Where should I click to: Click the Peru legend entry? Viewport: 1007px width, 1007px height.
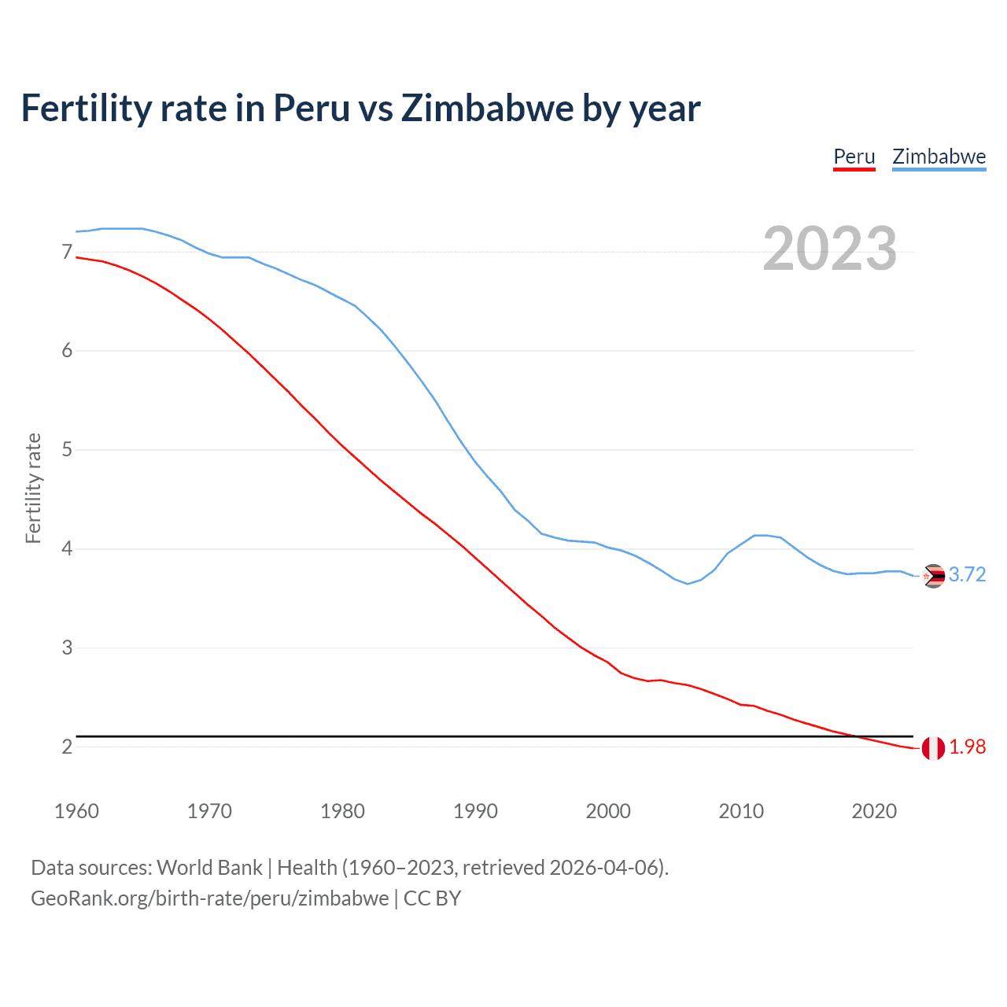coord(854,157)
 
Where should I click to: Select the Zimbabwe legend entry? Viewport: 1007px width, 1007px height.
coord(939,157)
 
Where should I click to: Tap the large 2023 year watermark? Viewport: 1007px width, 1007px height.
coord(829,249)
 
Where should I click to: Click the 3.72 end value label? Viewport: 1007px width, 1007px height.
coord(967,575)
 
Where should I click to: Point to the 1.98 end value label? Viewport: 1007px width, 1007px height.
coord(967,747)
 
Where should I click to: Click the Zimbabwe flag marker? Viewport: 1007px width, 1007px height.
coord(933,577)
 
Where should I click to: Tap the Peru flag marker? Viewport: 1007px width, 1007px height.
coord(933,748)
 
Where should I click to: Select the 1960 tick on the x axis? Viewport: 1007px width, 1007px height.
coord(76,811)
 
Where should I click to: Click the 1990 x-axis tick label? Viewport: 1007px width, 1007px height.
coord(475,811)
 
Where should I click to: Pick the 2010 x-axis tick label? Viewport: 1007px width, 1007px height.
coord(741,811)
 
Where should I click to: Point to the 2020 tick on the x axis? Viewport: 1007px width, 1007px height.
coord(874,811)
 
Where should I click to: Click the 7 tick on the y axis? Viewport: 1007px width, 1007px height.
coord(67,252)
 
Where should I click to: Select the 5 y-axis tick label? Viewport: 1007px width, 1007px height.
coord(67,450)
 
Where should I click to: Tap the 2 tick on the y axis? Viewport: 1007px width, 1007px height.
coord(67,747)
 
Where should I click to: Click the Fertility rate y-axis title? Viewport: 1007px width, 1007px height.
coord(33,488)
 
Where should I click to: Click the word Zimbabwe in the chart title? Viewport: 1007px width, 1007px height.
coord(487,109)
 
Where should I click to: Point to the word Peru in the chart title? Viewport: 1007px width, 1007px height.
coord(312,109)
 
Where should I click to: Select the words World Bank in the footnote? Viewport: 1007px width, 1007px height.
coord(209,868)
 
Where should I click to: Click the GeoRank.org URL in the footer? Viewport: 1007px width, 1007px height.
coord(209,898)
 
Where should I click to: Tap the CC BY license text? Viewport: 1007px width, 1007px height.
coord(432,898)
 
